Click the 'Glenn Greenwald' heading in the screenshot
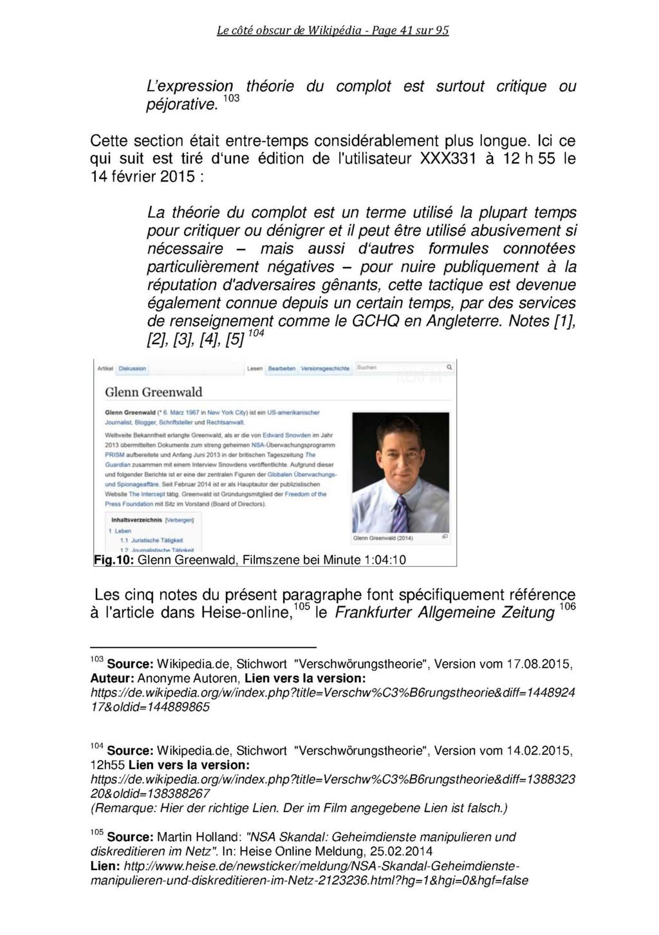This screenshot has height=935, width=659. [x=153, y=392]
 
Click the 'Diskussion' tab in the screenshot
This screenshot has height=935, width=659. [x=131, y=369]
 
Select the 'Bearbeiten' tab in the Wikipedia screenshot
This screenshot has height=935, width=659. [x=282, y=369]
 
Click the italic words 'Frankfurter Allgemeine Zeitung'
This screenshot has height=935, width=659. [x=445, y=613]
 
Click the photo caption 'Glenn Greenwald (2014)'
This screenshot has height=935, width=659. [x=383, y=538]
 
